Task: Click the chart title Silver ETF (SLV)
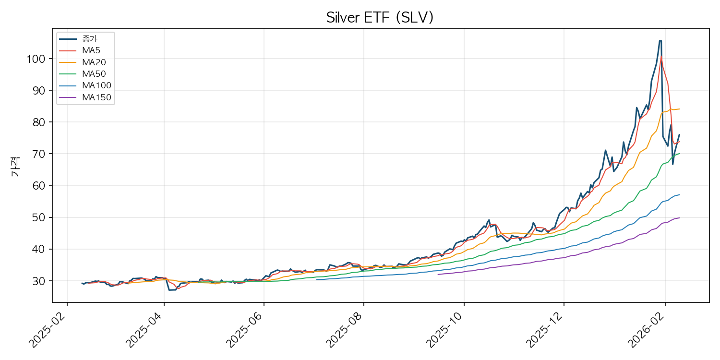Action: pyautogui.click(x=380, y=17)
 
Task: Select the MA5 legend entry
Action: pyautogui.click(x=91, y=50)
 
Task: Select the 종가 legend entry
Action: pyautogui.click(x=89, y=39)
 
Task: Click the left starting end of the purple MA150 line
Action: pyautogui.click(x=438, y=274)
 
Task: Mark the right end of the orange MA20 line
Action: pyautogui.click(x=679, y=109)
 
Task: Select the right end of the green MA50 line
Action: pyautogui.click(x=679, y=154)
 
